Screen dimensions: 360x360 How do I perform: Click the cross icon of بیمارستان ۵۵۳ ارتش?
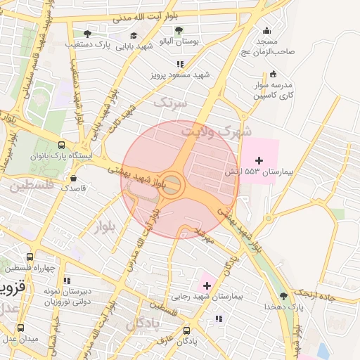coord(259,161)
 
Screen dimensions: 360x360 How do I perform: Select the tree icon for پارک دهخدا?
coord(283,296)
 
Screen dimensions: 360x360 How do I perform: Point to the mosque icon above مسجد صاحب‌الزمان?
coord(266,30)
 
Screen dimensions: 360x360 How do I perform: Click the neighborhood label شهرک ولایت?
coord(215,131)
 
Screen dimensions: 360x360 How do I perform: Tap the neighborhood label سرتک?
coord(171,103)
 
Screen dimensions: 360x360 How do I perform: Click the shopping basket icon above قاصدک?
coord(73,179)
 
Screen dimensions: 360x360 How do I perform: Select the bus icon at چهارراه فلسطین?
coord(29,257)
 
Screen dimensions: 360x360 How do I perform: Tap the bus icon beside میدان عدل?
coord(20,328)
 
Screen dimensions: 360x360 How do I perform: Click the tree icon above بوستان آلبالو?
coord(179,30)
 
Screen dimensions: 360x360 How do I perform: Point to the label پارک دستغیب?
coord(89,44)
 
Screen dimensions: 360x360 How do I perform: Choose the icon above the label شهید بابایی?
coord(134,35)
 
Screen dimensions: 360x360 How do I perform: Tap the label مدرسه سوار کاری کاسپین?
coord(273,89)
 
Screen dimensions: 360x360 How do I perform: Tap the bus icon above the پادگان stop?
coord(186,330)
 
